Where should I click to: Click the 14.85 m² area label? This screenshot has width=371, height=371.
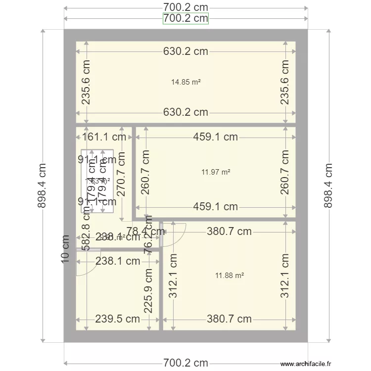pos(185,82)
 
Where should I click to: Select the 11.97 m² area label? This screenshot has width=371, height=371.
pos(216,172)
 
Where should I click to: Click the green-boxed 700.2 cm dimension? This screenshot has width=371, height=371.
pos(185,19)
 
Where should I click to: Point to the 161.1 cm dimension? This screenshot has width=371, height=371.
pos(104,137)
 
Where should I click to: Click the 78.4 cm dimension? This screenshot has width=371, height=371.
pos(145,231)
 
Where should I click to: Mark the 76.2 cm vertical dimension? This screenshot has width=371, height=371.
pos(148,240)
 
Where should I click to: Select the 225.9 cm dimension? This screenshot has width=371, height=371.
pos(148,291)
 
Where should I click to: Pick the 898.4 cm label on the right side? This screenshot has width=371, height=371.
pos(328,185)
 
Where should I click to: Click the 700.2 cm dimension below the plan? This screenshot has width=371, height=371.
pos(185,363)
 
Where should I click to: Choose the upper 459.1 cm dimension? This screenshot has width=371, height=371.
pos(216,137)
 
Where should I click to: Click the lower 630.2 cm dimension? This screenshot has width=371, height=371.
pos(185,112)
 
